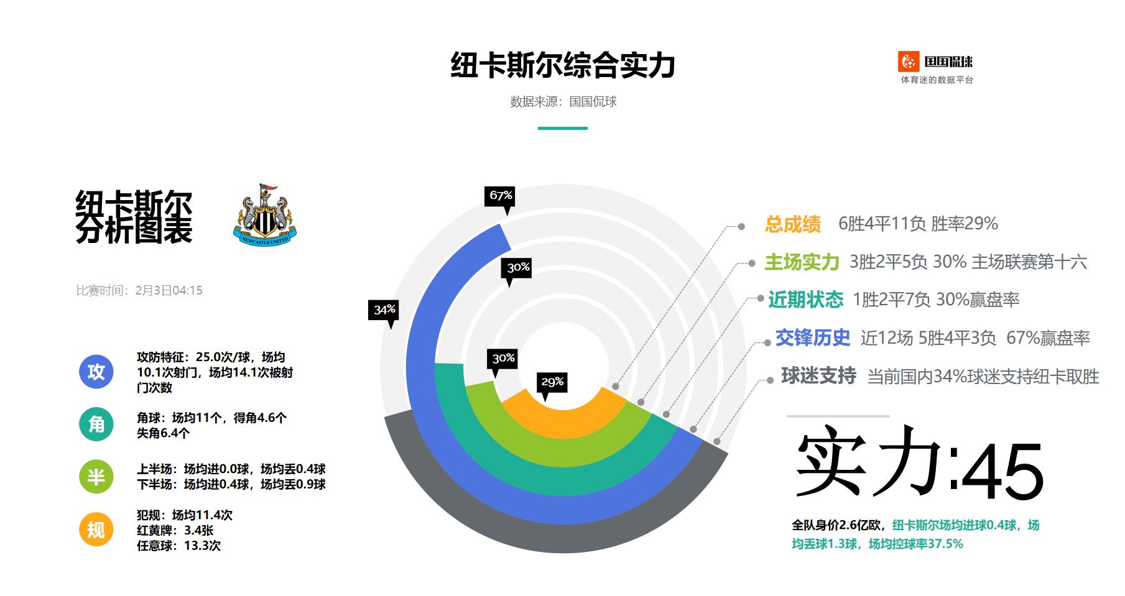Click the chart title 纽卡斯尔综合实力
(x=562, y=66)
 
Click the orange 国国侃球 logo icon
(x=908, y=62)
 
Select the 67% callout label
(x=501, y=196)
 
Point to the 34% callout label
(x=384, y=309)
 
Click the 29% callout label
(x=552, y=382)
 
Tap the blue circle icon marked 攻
(x=96, y=372)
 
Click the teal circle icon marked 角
(x=96, y=424)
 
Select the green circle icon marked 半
(x=96, y=477)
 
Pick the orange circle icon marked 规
(x=96, y=530)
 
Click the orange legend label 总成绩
(x=793, y=224)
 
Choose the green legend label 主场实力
(x=802, y=262)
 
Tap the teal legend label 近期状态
(x=805, y=300)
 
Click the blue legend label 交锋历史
(x=812, y=337)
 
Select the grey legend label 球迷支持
(x=818, y=376)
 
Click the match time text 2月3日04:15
(x=169, y=290)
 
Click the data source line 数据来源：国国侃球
(x=563, y=102)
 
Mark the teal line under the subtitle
(x=562, y=128)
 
